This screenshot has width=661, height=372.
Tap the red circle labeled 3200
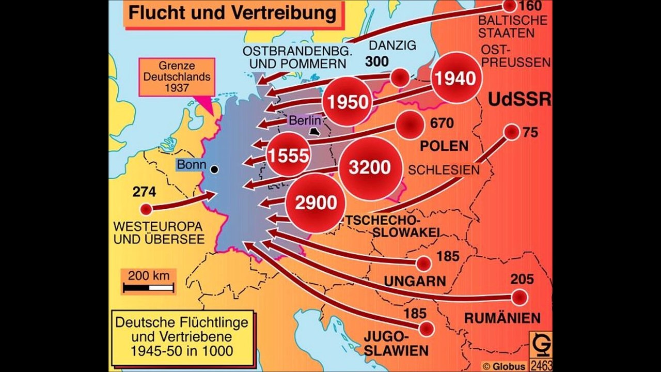tap(369, 168)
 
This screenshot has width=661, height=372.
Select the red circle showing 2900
tap(316, 203)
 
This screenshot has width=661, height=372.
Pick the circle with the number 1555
tap(288, 155)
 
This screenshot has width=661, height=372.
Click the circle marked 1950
tap(349, 102)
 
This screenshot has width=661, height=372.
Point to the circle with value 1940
tap(454, 79)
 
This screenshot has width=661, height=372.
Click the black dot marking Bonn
tap(214, 169)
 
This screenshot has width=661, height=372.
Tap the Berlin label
tap(305, 121)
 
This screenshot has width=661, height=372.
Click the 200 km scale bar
tap(148, 288)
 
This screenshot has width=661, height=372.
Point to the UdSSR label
tap(519, 100)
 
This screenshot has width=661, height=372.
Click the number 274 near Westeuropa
tap(144, 192)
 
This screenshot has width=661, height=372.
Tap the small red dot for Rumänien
tap(519, 298)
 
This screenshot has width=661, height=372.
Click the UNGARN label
tap(415, 282)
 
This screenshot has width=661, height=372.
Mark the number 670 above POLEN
tap(441, 123)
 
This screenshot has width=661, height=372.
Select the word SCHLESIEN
tap(444, 169)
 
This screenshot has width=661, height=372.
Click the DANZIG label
tap(392, 45)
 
